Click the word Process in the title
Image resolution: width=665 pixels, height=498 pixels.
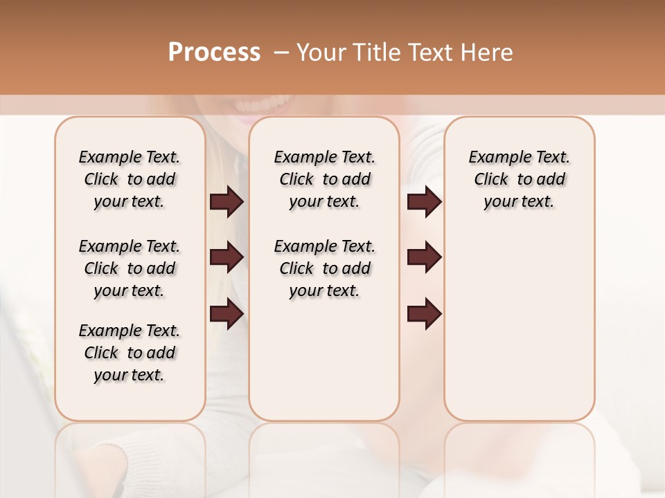(x=214, y=53)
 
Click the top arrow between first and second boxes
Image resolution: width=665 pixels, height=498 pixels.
(x=227, y=202)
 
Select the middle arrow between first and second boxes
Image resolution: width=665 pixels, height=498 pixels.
(x=227, y=258)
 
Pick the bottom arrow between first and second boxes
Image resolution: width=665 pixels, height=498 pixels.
(x=227, y=315)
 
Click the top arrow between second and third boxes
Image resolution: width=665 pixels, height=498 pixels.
(x=424, y=202)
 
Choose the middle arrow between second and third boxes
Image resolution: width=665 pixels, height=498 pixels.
(x=424, y=258)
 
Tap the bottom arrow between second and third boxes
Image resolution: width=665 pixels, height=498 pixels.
(x=424, y=315)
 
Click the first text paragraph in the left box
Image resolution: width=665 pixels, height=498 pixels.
(x=130, y=179)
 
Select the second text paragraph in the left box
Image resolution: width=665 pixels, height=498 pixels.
(x=130, y=268)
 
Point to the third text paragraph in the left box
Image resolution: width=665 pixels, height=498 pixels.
(x=130, y=353)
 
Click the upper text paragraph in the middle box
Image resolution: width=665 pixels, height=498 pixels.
(x=324, y=179)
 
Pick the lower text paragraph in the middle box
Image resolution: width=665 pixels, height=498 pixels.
(x=324, y=268)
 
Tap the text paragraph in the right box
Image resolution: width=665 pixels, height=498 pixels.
(x=520, y=179)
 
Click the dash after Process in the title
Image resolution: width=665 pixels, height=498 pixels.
(x=281, y=53)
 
